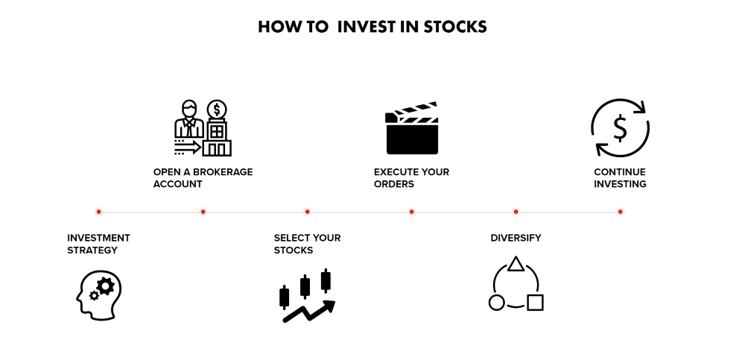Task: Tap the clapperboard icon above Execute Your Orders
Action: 411,128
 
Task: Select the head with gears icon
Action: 99,295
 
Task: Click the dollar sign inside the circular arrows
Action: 620,128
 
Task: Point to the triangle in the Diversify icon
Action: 516,265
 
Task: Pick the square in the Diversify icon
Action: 535,303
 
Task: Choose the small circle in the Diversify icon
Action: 496,303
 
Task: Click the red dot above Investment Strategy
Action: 98,212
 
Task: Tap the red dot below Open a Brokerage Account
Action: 203,212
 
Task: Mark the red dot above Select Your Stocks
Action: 307,212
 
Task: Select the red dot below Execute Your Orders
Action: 411,212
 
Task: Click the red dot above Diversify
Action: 516,212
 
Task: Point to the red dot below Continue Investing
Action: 620,212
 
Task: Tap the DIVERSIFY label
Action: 516,238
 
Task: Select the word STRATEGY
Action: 92,250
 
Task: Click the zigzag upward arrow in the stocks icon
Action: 309,311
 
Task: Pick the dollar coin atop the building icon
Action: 217,110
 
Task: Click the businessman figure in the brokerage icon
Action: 189,119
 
